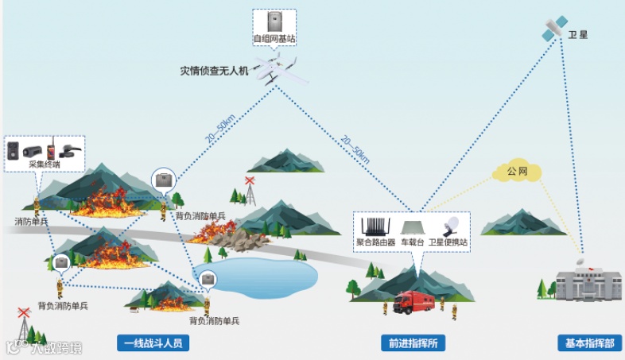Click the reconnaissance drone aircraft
[274, 67]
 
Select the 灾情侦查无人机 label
[215, 71]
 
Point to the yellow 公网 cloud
[517, 170]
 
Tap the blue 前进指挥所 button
[413, 343]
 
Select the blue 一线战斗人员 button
[153, 343]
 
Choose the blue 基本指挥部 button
[589, 343]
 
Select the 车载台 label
[413, 242]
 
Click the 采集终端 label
[45, 164]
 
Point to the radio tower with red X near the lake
[251, 191]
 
